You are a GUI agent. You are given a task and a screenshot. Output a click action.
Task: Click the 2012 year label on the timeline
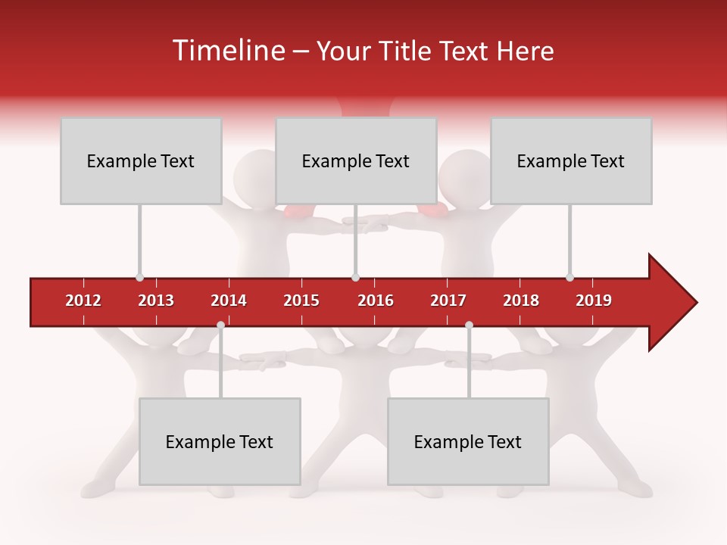click(83, 301)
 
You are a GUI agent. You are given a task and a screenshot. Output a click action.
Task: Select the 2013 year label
click(156, 301)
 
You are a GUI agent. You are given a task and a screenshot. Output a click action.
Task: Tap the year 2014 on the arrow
click(229, 301)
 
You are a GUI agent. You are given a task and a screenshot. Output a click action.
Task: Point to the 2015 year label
click(301, 301)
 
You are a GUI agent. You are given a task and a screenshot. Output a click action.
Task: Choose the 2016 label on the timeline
click(376, 301)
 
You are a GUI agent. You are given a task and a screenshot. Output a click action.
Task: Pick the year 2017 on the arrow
click(448, 301)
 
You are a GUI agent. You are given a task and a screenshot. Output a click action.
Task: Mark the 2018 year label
click(521, 301)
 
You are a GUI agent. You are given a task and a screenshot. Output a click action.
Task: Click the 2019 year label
click(594, 301)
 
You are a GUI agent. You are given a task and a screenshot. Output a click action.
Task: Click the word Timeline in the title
click(227, 51)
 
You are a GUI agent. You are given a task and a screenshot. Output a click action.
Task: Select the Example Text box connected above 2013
click(141, 160)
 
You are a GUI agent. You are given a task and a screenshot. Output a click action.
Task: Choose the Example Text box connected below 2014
click(220, 441)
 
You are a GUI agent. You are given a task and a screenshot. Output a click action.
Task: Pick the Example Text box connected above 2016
click(356, 160)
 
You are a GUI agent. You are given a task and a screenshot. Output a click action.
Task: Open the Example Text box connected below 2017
click(468, 441)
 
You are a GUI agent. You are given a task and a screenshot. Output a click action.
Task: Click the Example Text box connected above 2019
click(571, 160)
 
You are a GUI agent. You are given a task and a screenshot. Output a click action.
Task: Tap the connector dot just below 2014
click(220, 325)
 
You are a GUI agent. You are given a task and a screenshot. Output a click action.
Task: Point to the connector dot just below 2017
click(469, 325)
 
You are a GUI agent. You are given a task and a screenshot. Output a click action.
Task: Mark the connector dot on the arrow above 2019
click(570, 278)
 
